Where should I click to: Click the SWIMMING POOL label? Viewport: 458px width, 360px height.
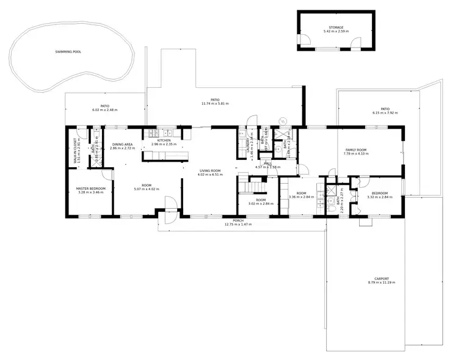pos(68,52)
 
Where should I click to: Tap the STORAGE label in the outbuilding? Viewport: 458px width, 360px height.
pos(336,27)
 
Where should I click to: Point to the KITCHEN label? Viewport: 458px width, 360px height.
pos(164,141)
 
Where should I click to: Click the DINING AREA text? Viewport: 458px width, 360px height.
pos(122,145)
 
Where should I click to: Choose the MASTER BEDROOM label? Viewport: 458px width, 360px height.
pos(91,189)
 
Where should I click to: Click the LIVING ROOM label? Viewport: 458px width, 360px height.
pos(209,171)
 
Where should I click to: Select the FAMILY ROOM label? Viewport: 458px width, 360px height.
pos(355,150)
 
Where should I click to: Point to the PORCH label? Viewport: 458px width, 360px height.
pos(238,221)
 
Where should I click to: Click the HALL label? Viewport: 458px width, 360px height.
pos(267,164)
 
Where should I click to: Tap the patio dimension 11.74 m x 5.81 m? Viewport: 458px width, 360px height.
pos(215,104)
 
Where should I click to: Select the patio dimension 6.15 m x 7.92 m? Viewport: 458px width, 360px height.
pos(385,113)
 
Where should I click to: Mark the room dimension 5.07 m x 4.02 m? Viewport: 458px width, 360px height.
pos(146,189)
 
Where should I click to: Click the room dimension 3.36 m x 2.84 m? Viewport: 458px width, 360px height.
pos(301,197)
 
